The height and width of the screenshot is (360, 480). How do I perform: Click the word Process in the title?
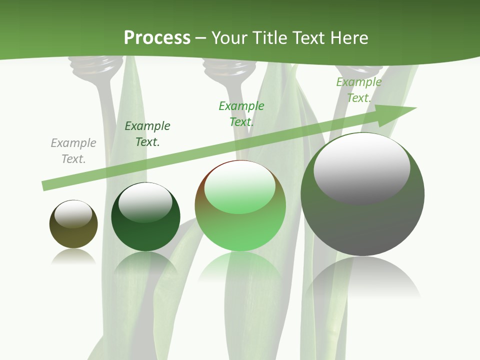[157, 38]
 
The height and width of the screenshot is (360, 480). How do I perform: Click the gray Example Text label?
[73, 151]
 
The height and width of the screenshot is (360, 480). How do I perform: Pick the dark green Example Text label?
[147, 134]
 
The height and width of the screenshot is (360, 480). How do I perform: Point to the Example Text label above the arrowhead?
[358, 90]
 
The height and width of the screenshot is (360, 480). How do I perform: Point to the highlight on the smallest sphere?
[73, 214]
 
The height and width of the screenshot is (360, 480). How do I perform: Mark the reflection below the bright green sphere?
[240, 267]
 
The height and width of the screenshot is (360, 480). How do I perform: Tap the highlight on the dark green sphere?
[145, 202]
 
